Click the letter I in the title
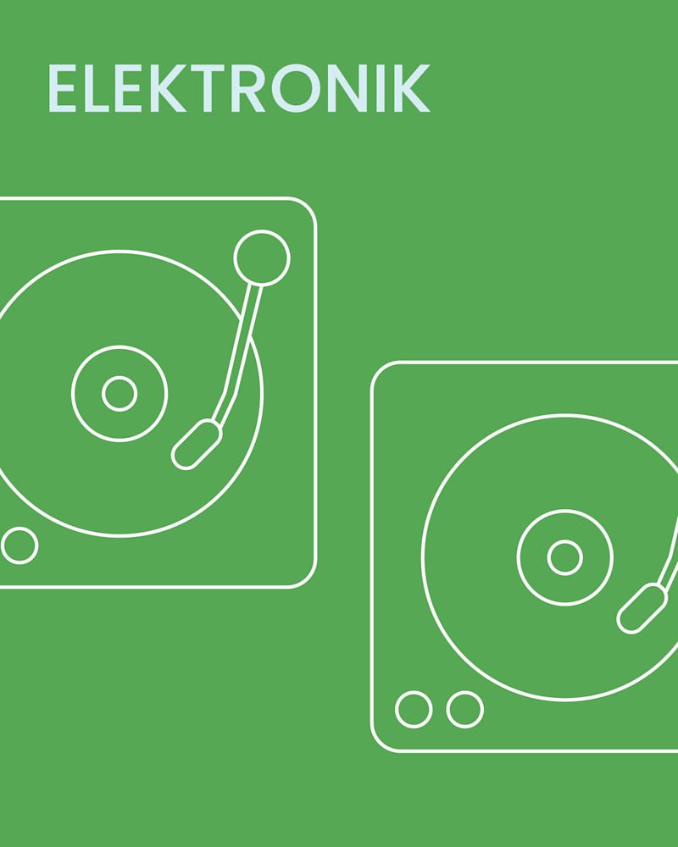point(381,88)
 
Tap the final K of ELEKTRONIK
point(412,88)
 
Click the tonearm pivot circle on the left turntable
point(261,258)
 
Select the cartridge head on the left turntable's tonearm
point(197,445)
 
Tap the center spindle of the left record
point(119,394)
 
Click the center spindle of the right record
point(564,557)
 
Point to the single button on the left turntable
point(19,545)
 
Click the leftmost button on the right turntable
point(414,709)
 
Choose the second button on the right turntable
point(464,709)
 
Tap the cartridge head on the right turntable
point(642,608)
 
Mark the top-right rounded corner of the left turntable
point(308,207)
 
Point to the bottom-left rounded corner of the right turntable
point(381,741)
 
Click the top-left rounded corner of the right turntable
point(381,372)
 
